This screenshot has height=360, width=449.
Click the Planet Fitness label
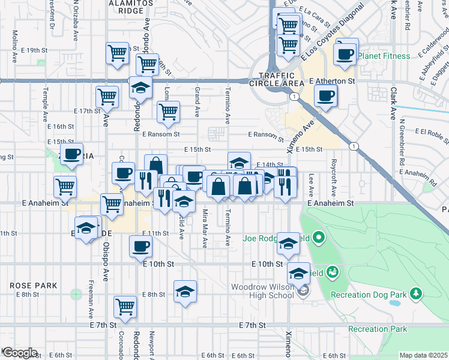point(384,56)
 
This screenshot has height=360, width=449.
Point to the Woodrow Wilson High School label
point(264,291)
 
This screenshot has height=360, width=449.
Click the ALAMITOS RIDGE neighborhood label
point(127,7)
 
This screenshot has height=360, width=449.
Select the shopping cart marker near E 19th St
point(117,53)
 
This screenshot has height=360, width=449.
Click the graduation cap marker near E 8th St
point(185,292)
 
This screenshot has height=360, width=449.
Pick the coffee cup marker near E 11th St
point(141,246)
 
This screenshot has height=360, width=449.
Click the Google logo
point(19,353)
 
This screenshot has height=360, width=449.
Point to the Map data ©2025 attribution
point(423,355)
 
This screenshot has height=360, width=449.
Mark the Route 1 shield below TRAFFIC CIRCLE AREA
point(294,96)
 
